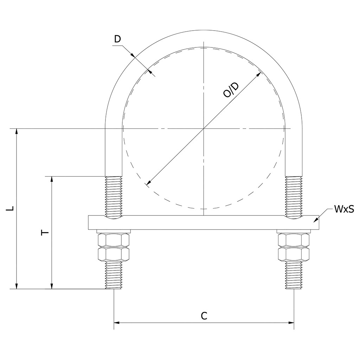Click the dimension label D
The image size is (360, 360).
click(x=117, y=39)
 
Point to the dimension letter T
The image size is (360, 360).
click(x=45, y=233)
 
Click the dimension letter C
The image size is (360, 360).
click(x=204, y=316)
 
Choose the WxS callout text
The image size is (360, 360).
click(x=344, y=209)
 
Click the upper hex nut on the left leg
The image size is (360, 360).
click(x=114, y=240)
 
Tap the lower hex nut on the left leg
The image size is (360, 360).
click(x=114, y=254)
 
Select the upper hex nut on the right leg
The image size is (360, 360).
click(x=294, y=240)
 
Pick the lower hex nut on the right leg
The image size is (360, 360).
click(x=294, y=254)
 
